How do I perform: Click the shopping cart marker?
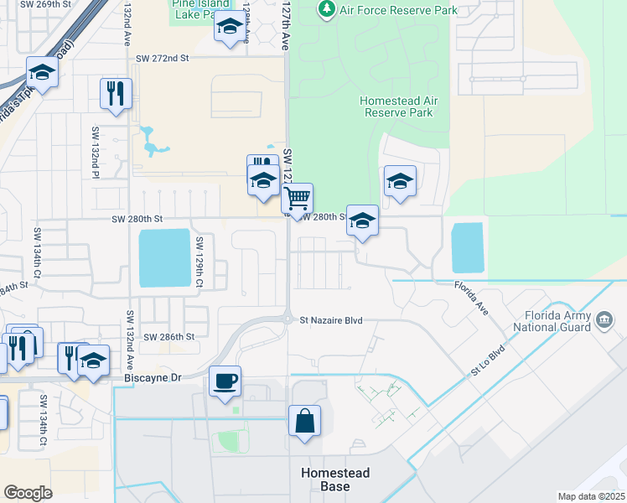click(x=298, y=200)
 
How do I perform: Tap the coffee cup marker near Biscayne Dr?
click(x=225, y=382)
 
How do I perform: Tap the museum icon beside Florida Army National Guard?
click(x=605, y=319)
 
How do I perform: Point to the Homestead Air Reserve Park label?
click(x=398, y=106)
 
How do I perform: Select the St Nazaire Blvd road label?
click(x=335, y=319)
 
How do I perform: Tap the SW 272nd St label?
click(x=163, y=59)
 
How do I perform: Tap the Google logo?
click(x=28, y=493)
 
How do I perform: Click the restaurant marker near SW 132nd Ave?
click(x=116, y=94)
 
